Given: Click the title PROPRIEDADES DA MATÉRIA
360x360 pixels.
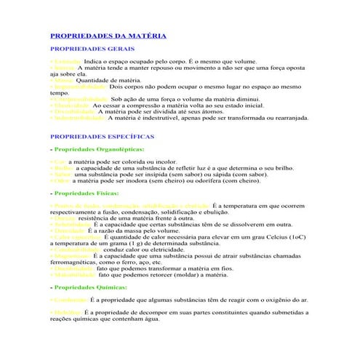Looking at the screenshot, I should [x=108, y=36].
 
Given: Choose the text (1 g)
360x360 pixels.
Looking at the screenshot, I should [x=119, y=243].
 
